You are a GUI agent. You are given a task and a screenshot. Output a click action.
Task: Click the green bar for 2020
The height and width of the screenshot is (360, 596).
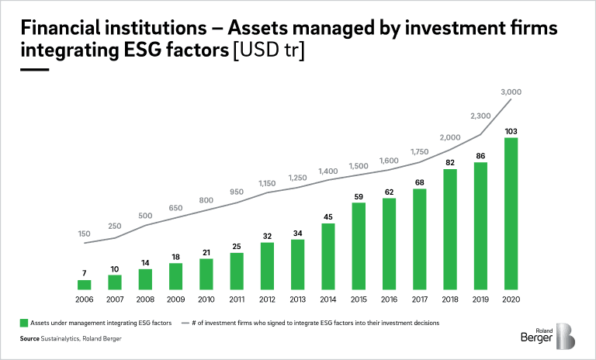511,213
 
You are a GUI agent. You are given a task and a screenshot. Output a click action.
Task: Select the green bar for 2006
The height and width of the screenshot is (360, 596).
84,285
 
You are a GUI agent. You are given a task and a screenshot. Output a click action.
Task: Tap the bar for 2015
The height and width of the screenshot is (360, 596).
359,246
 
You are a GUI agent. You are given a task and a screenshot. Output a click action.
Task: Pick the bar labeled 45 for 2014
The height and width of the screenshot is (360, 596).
328,257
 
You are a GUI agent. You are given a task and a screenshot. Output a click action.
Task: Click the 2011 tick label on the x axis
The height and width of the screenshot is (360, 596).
237,299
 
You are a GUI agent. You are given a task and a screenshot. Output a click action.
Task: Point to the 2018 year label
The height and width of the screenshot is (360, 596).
450,299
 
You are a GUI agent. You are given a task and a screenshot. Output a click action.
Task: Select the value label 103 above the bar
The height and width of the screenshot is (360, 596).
511,132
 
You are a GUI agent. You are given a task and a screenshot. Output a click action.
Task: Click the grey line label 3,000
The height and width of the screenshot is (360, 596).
511,92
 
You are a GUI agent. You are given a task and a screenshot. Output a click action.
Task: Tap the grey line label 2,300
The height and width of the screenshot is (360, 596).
480,116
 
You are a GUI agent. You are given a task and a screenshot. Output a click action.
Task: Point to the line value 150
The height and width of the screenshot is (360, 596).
84,234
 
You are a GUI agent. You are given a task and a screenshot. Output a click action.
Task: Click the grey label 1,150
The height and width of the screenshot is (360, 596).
267,183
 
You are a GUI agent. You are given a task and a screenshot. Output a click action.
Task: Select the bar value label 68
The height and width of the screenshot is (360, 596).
419,182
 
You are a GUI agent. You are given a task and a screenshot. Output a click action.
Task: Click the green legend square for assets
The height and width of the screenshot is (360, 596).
24,323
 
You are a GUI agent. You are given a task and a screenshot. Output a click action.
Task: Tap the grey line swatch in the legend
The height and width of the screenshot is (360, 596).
185,323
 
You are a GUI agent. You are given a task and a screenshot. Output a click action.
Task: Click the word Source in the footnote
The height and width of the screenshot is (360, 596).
29,338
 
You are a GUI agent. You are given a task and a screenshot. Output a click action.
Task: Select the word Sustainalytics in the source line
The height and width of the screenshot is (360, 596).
60,338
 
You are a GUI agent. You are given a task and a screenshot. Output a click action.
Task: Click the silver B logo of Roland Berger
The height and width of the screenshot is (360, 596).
565,336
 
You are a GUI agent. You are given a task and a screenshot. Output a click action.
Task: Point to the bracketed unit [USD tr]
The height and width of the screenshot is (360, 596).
269,50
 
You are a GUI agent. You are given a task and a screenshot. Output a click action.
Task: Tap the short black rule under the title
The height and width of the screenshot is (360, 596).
35,70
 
